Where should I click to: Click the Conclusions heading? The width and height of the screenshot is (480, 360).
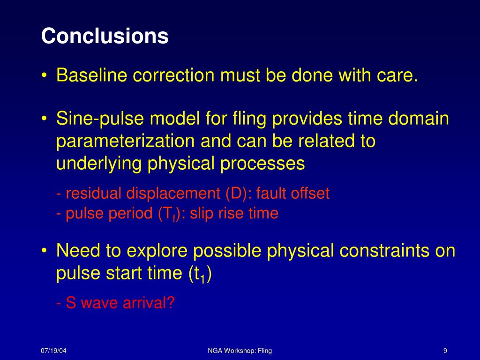(x=105, y=36)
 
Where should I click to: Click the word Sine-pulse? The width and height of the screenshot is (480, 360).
(x=100, y=119)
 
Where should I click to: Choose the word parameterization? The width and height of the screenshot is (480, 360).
(x=126, y=142)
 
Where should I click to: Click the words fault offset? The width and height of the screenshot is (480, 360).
(x=292, y=194)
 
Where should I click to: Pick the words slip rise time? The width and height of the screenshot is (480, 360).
(x=234, y=213)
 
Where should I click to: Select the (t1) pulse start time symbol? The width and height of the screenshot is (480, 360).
(x=200, y=274)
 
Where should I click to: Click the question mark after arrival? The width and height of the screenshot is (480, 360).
(x=170, y=302)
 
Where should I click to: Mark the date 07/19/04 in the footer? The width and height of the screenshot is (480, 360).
(x=53, y=351)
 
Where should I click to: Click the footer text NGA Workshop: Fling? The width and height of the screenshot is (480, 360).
(x=240, y=351)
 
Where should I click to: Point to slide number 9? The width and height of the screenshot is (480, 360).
(x=445, y=351)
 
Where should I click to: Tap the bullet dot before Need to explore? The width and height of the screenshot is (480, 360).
(x=45, y=251)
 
